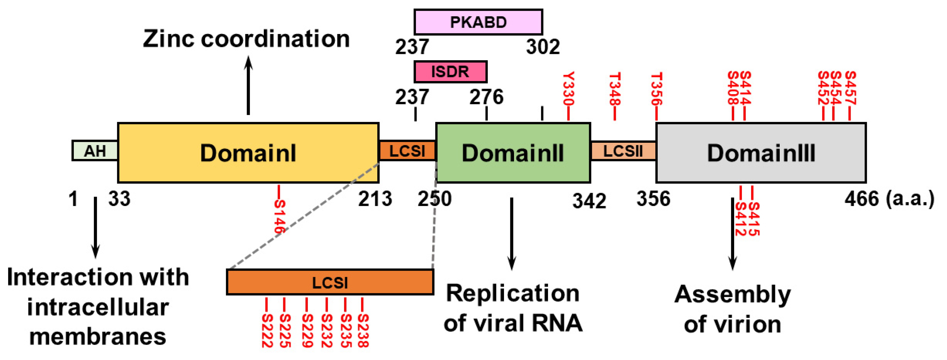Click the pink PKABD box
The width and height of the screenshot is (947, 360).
478,22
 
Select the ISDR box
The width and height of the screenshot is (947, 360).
450,71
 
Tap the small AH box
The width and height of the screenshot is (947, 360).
95,151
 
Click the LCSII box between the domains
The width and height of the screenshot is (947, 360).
623,151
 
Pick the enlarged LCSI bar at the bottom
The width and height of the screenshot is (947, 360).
330,282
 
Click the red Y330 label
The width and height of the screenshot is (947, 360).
568,89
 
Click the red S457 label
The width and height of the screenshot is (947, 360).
850,88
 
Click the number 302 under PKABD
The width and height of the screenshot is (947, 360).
543,47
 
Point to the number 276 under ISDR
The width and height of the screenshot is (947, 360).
486,97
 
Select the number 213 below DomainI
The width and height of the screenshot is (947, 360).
375,199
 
